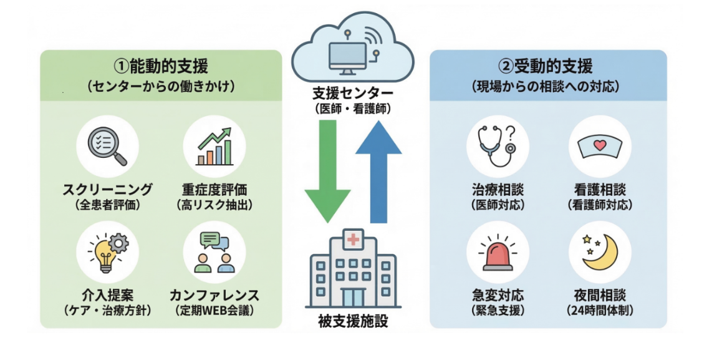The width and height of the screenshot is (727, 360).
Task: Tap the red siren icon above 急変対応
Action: (497, 256)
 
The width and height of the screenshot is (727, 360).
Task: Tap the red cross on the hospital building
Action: (354, 238)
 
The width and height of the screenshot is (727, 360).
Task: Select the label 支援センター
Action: (353, 94)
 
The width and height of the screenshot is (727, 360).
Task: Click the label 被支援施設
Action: (353, 322)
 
